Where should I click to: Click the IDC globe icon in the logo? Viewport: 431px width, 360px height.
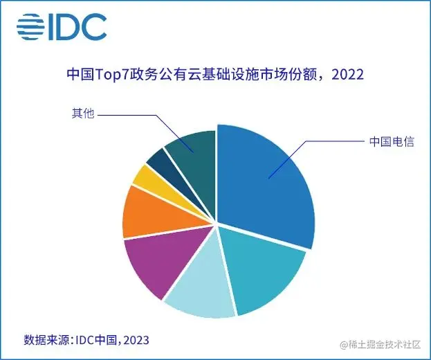point(31,27)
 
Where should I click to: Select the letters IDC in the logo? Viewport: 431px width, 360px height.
point(78,27)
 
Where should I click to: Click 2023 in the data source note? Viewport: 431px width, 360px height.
point(135,340)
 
